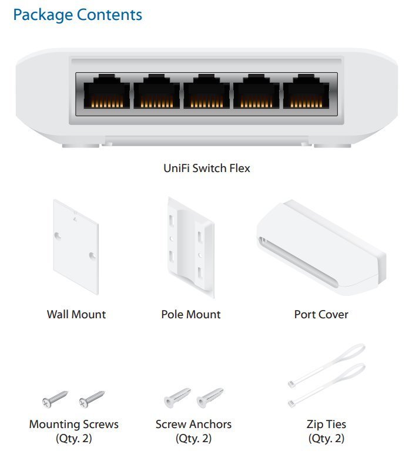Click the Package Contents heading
coord(78,15)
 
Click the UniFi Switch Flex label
coord(207,169)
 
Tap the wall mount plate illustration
coord(76,246)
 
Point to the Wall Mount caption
coord(76,314)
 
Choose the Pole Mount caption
coord(191,314)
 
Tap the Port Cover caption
coord(321,314)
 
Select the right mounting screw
coord(92,399)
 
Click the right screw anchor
coord(210,399)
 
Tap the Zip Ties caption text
coord(326,424)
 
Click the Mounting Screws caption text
coord(74,424)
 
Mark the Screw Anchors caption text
coord(193,424)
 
